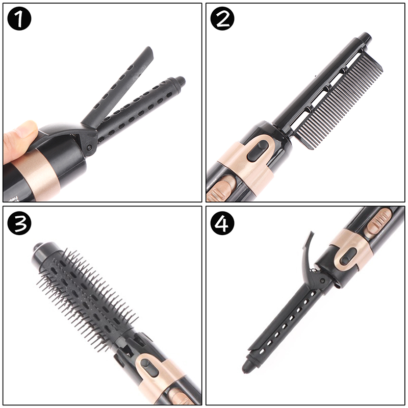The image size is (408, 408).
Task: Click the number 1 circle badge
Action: [19, 19]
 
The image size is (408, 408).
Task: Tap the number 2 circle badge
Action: [222, 19]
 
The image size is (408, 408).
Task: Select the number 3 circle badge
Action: [19, 223]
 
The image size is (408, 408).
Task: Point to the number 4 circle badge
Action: [222, 223]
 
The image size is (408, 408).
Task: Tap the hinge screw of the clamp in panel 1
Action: [89, 147]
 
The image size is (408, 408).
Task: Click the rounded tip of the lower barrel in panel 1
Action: [180, 82]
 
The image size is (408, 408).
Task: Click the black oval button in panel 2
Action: [258, 150]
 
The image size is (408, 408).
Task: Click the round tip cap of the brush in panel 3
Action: [39, 248]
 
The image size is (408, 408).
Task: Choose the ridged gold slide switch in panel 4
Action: [378, 222]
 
